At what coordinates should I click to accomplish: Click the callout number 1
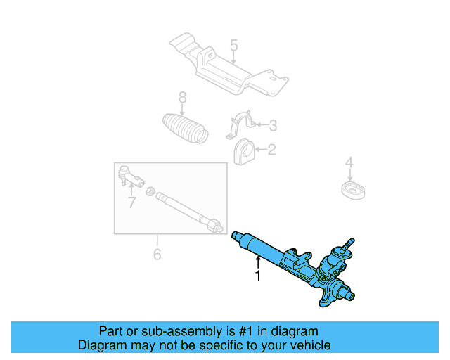click(x=258, y=276)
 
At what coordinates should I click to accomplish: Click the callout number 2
click(x=272, y=149)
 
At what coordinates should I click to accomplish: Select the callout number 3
click(x=272, y=127)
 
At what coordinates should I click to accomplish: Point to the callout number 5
click(x=234, y=46)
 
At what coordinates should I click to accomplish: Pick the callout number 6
click(x=157, y=254)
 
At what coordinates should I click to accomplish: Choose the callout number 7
click(x=131, y=203)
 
